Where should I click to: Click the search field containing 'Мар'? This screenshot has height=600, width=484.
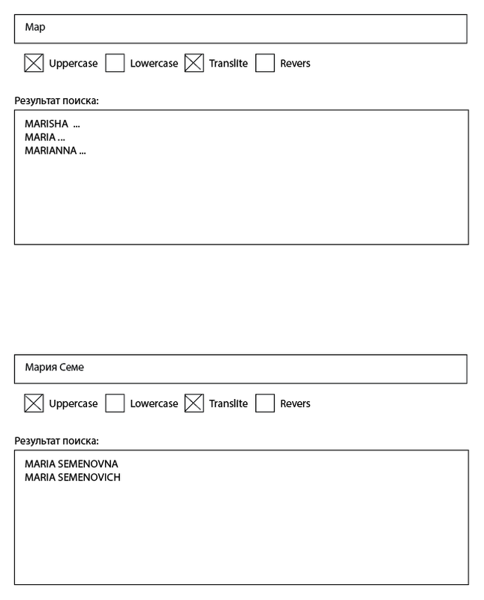pyautogui.click(x=240, y=28)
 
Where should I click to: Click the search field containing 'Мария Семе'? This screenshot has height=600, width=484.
pyautogui.click(x=240, y=368)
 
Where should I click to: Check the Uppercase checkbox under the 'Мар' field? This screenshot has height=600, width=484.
pyautogui.click(x=34, y=63)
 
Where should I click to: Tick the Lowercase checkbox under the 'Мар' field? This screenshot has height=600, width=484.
pyautogui.click(x=115, y=63)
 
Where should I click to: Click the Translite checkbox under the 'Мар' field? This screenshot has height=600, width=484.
pyautogui.click(x=194, y=63)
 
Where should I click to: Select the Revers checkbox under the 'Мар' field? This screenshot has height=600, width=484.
pyautogui.click(x=265, y=63)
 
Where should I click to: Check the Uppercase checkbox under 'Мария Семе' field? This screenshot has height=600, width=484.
pyautogui.click(x=34, y=403)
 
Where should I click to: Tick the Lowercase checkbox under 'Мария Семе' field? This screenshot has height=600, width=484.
pyautogui.click(x=115, y=403)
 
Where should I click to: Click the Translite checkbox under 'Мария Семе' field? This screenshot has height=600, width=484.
pyautogui.click(x=194, y=403)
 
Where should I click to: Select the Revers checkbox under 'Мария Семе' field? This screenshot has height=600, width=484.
pyautogui.click(x=265, y=403)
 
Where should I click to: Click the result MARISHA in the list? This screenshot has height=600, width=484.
pyautogui.click(x=47, y=124)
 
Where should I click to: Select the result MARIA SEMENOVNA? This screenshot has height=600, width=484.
pyautogui.click(x=71, y=463)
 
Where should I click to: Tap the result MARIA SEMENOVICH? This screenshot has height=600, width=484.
pyautogui.click(x=73, y=477)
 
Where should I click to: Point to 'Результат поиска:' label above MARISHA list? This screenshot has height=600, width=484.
pyautogui.click(x=57, y=100)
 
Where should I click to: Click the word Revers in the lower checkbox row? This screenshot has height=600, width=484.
pyautogui.click(x=295, y=403)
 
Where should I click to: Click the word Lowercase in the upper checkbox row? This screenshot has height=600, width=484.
pyautogui.click(x=154, y=64)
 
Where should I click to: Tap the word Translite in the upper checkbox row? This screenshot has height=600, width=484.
pyautogui.click(x=228, y=64)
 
